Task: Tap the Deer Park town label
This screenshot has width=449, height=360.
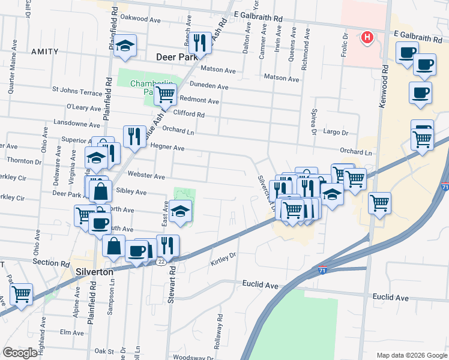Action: click(176, 57)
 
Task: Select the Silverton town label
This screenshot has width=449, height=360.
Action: click(95, 271)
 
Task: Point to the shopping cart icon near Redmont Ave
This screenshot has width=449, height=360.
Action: click(165, 94)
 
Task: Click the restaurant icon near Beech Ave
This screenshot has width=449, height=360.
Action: click(200, 42)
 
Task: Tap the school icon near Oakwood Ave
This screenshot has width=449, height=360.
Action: click(125, 46)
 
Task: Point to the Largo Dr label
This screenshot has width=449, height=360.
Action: click(336, 132)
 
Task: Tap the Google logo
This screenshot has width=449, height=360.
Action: click(20, 353)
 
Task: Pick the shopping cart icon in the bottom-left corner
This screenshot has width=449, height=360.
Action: click(21, 294)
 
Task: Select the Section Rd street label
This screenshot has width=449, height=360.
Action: click(51, 263)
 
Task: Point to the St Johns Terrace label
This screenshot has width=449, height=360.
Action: click(77, 92)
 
